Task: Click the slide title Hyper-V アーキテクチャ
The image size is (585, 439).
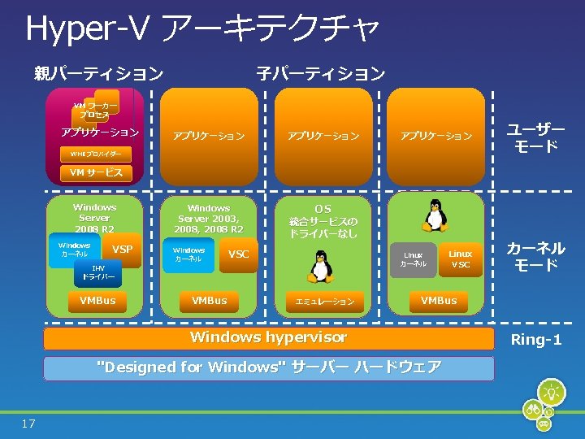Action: coord(202,29)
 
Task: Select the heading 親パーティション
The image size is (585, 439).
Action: coord(98,74)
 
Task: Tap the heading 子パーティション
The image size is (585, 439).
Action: coord(321,74)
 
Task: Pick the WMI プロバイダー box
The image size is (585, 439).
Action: coord(95,154)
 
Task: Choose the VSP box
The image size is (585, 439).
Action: coord(123,249)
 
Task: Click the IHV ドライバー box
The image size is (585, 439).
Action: coord(97,273)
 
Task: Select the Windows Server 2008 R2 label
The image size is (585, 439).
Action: coord(95,218)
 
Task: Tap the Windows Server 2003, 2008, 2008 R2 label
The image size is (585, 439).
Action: coord(209,219)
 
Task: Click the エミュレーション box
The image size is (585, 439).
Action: coord(324,302)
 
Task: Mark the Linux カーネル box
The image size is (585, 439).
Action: coord(413,259)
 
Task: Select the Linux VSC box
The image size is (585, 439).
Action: coord(461,259)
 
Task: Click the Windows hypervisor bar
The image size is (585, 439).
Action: coord(268,337)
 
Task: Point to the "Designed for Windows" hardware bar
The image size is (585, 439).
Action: coord(268,367)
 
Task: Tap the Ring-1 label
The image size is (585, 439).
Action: coord(535,340)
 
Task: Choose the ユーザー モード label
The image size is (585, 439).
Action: coord(535,138)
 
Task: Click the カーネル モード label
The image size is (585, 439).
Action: coord(535,256)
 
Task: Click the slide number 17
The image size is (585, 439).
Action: coord(28,424)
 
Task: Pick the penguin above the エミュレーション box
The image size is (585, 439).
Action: coord(323,267)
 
